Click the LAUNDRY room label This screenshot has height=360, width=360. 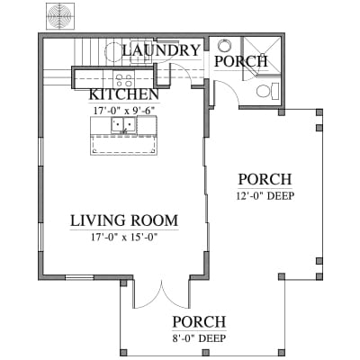(161, 50)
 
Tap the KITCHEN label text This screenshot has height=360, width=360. (124, 94)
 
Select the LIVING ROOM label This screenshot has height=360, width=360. (124, 220)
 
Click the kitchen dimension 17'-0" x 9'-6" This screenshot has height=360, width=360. (124, 111)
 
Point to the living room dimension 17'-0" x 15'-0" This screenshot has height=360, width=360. (124, 238)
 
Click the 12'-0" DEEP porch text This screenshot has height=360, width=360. (265, 196)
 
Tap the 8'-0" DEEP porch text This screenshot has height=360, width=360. (199, 338)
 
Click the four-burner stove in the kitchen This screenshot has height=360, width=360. (124, 79)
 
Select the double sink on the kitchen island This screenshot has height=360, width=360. (123, 125)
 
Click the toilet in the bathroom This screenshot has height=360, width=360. (267, 91)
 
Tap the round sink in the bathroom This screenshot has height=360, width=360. (224, 46)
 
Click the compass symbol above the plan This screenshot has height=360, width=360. (60, 16)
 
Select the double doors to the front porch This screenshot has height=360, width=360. (162, 294)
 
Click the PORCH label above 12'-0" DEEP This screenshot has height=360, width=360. (265, 179)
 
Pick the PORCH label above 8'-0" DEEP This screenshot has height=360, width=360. (199, 322)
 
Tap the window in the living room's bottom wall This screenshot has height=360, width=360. (79, 277)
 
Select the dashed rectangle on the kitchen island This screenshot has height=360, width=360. (124, 144)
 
